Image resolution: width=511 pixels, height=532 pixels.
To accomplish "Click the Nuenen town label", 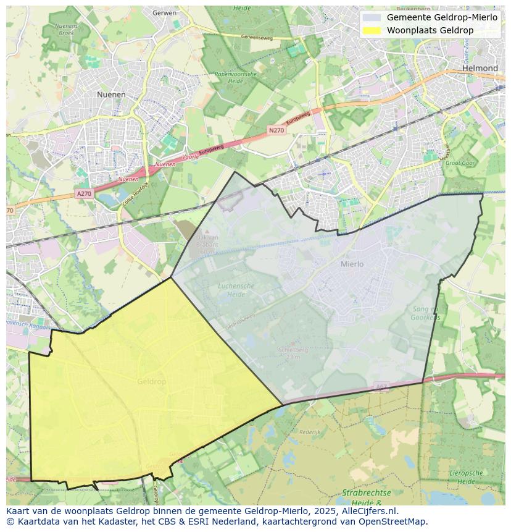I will click(111, 95).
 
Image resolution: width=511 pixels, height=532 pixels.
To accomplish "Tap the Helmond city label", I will click(480, 68).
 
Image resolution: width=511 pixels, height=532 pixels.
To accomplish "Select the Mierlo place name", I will click(352, 264).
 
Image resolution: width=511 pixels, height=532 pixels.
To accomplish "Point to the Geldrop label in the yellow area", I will click(151, 382).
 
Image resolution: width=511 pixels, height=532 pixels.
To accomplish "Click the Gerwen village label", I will click(164, 12).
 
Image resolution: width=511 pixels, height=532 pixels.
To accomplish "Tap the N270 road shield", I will click(276, 130).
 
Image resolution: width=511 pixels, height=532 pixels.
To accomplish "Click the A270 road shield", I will click(84, 194).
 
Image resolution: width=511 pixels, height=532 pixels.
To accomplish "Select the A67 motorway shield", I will click(381, 387).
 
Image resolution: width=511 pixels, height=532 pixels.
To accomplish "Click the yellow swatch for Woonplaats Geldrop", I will click(372, 30).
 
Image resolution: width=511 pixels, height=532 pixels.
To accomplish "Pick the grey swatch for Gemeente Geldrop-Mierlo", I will click(372, 17).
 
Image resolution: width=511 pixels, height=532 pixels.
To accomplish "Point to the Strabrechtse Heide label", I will click(367, 497).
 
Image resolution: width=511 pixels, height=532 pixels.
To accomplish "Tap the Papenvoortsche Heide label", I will click(235, 77).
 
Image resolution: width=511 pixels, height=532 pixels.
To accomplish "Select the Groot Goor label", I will click(459, 163).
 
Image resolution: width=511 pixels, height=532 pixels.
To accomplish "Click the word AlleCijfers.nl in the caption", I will click(368, 511).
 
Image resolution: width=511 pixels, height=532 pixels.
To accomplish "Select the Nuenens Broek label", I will click(66, 29).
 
